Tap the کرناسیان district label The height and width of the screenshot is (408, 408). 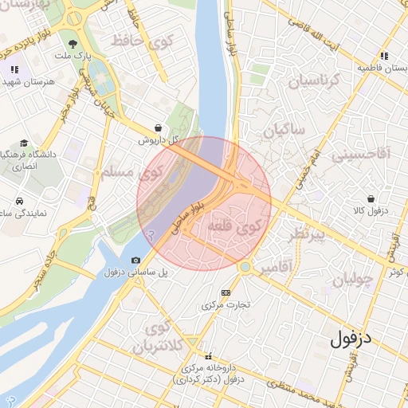(x=313, y=81)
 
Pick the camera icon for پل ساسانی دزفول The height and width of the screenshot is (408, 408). (x=135, y=260)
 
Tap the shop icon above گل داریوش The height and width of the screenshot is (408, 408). (x=158, y=127)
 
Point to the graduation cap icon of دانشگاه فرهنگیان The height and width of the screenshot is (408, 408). (x=25, y=143)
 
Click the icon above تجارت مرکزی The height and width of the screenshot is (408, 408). (x=226, y=292)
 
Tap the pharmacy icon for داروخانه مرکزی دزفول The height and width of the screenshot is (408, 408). (x=209, y=356)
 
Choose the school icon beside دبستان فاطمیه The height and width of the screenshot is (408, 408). (x=384, y=56)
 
